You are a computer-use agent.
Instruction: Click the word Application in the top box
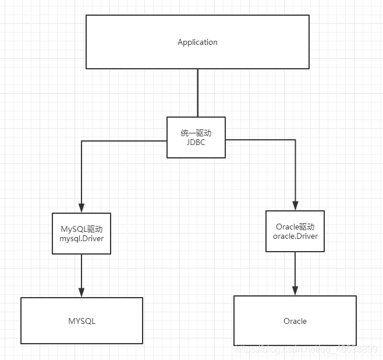(197, 43)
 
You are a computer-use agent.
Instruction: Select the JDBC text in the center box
(196, 142)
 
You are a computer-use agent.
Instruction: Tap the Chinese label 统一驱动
(196, 133)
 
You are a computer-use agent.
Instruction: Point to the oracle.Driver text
(295, 235)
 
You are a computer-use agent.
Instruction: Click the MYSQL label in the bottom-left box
(81, 321)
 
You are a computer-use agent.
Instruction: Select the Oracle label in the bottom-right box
(295, 321)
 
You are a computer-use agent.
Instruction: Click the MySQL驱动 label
(81, 228)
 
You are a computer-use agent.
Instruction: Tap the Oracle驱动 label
(295, 227)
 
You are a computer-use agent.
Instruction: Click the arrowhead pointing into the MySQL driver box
(81, 208)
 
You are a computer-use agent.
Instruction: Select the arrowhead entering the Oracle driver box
(295, 206)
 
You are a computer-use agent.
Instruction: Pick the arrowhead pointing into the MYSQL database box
(81, 292)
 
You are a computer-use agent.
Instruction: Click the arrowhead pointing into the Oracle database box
(295, 290)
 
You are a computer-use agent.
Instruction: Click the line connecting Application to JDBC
(197, 93)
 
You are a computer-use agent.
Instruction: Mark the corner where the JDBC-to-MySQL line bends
(81, 141)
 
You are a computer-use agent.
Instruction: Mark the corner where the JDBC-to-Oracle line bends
(295, 140)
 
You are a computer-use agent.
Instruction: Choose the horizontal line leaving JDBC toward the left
(125, 141)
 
